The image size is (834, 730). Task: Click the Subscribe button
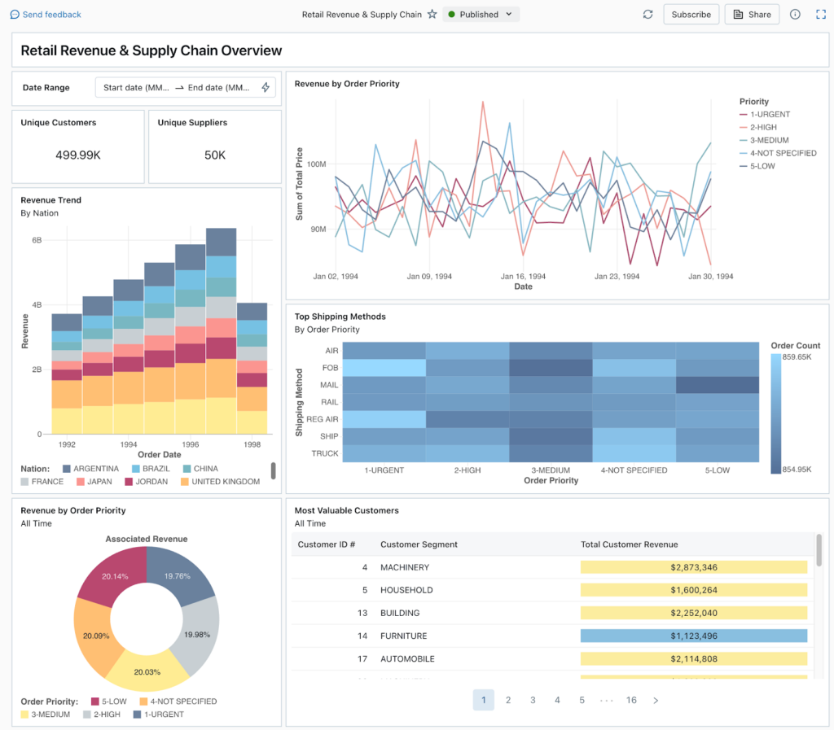tap(691, 15)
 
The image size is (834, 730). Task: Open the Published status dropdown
tap(481, 15)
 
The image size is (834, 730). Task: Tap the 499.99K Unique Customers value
tap(78, 155)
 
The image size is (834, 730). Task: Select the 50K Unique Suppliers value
tap(215, 155)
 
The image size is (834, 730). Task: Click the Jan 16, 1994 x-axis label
tap(523, 277)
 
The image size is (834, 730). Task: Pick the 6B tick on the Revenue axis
tap(37, 241)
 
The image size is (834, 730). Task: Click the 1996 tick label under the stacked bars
tap(191, 445)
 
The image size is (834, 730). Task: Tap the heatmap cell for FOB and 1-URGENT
tap(384, 367)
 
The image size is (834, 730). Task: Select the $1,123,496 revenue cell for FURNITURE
tap(694, 636)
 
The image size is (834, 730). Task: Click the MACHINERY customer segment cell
tap(405, 567)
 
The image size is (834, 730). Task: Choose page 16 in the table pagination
tap(631, 700)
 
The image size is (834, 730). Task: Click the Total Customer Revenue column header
tap(629, 544)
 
